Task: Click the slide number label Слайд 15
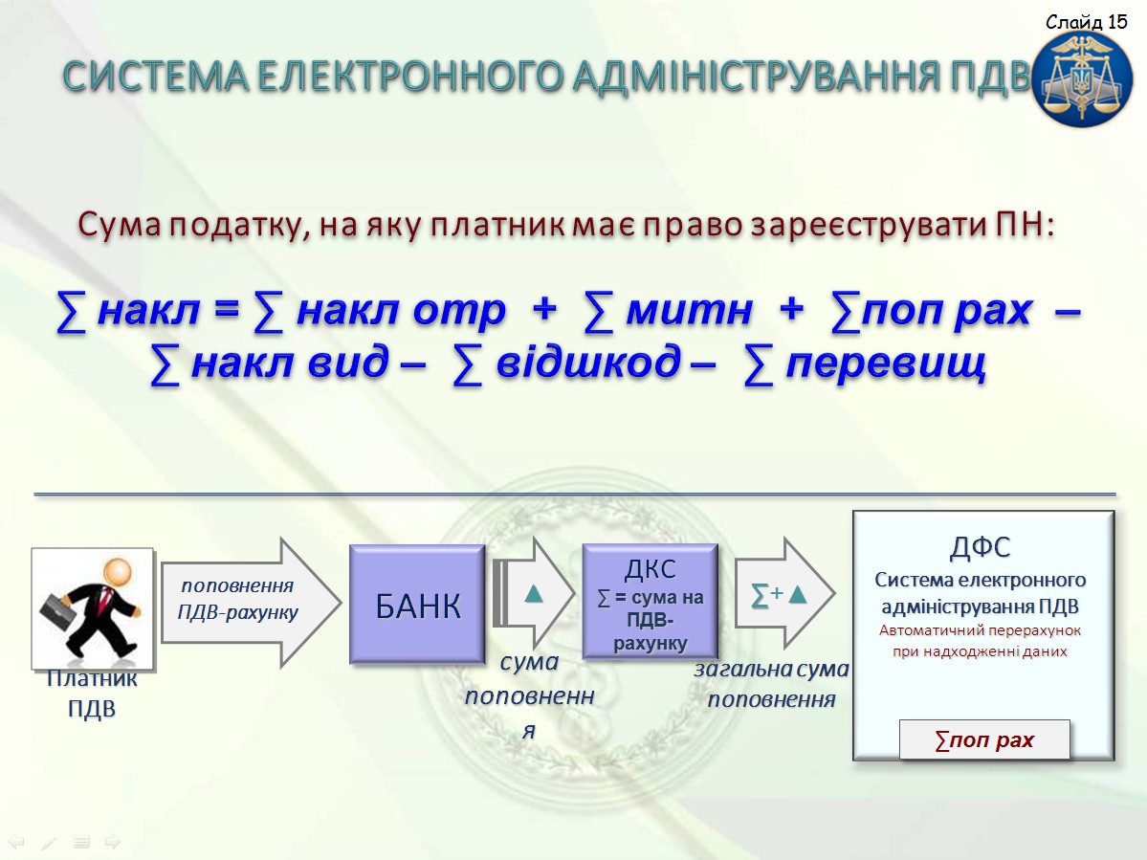click(x=1087, y=22)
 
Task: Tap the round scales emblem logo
click(x=1082, y=78)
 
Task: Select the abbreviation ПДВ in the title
click(x=990, y=77)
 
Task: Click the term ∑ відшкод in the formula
click(x=567, y=363)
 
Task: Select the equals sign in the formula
click(x=226, y=310)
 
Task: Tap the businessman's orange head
click(x=117, y=571)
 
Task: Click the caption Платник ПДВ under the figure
click(x=92, y=694)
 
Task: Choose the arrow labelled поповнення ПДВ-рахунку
click(x=251, y=602)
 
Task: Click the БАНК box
click(x=417, y=604)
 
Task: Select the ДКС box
click(x=650, y=601)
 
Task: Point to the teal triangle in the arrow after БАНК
click(x=534, y=593)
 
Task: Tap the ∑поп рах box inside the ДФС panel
click(x=983, y=740)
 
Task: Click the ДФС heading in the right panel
click(x=981, y=547)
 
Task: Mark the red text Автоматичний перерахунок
click(x=980, y=630)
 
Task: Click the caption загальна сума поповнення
click(x=772, y=684)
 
